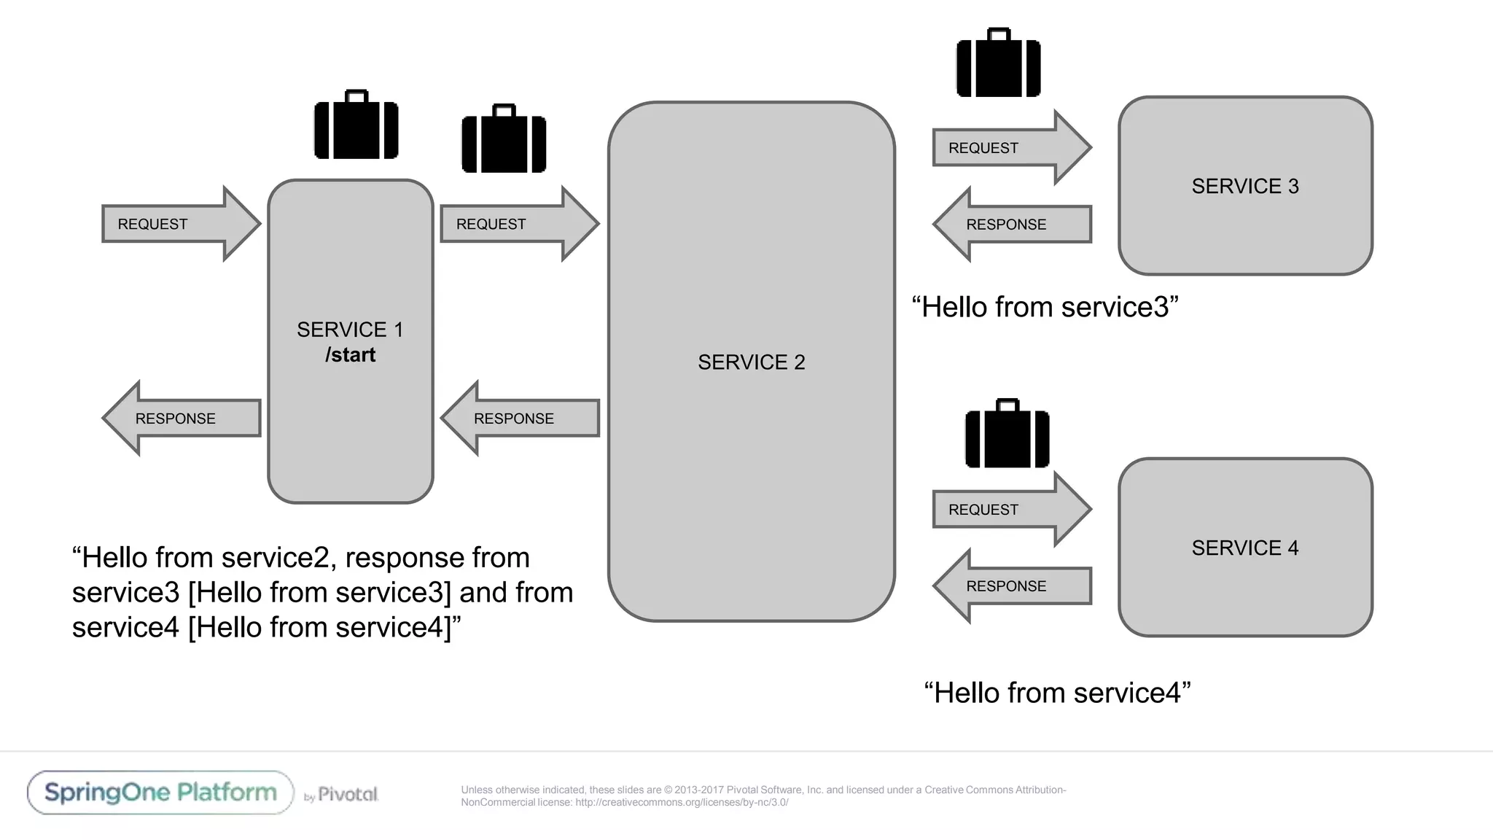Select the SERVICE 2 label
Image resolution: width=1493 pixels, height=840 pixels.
coord(751,362)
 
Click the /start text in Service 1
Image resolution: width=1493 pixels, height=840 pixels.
coord(350,355)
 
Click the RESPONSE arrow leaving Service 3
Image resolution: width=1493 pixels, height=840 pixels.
coord(1014,225)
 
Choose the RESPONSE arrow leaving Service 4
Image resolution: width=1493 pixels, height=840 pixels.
coord(1014,586)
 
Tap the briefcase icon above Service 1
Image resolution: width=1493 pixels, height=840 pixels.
coord(356,125)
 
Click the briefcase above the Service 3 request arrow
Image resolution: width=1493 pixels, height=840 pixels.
coord(998,64)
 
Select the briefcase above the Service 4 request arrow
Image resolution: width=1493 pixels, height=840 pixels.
coord(1007,435)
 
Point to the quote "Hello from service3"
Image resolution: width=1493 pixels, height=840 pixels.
coord(1045,308)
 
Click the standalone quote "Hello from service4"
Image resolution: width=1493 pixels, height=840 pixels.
coord(1057,693)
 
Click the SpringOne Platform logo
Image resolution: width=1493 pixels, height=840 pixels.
coord(160,793)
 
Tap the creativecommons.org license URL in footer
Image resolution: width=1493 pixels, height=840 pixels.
coord(681,803)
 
